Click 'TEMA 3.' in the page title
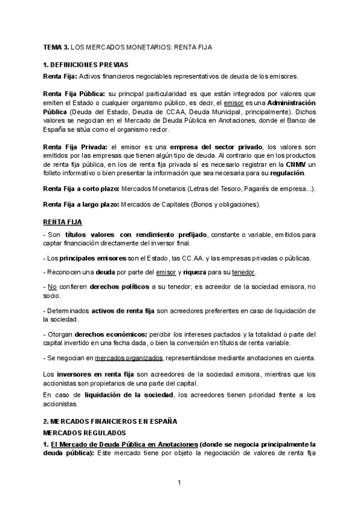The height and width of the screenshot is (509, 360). point(55,46)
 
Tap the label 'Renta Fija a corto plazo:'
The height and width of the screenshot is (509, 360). point(81,189)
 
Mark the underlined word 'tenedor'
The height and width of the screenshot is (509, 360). point(243,273)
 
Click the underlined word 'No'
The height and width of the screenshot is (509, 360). point(52,287)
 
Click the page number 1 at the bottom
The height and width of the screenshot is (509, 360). point(179,482)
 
